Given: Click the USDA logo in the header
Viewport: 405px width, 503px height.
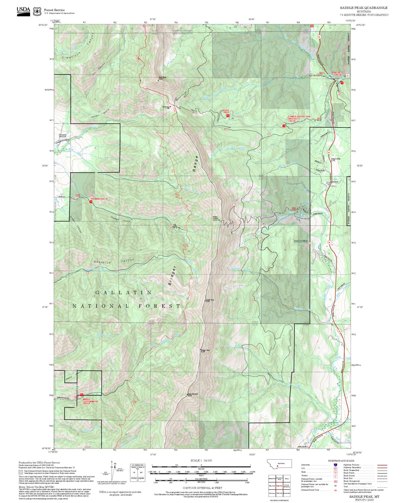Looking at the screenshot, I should point(23,11).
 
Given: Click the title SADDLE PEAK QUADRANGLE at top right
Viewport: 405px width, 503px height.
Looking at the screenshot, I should point(364,8).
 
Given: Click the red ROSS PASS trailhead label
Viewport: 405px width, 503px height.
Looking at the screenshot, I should point(226,111).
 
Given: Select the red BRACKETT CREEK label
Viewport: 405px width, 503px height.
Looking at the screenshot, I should point(337,74).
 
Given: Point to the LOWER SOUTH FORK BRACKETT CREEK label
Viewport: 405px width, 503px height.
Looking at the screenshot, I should point(299,119).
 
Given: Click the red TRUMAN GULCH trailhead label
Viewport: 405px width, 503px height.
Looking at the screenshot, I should point(99,199).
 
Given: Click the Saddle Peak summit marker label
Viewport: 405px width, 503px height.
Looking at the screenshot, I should point(210,301).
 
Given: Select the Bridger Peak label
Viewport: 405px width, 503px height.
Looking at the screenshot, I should point(205,351).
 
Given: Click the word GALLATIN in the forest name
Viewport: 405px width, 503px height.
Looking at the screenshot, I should point(124,292).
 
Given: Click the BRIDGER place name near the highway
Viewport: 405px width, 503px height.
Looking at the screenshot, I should point(301,241).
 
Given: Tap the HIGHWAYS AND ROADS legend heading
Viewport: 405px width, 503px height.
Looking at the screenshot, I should point(341,461).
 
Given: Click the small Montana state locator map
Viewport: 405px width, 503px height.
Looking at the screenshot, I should point(279,463).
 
